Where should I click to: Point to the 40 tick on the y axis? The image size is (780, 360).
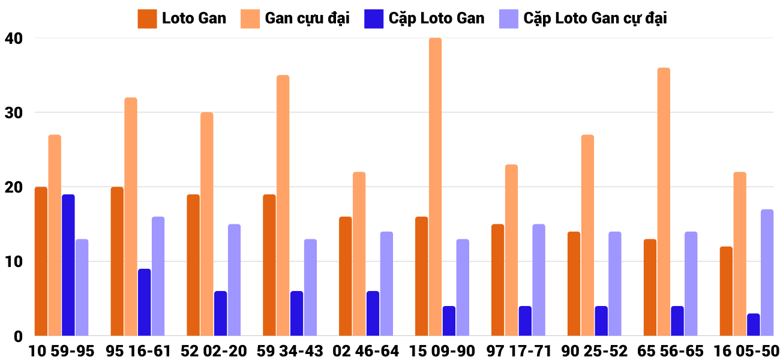(14, 38)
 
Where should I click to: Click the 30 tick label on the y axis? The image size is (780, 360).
(14, 113)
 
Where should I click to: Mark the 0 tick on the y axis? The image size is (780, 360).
(18, 337)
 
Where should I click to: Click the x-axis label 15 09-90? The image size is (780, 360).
(443, 351)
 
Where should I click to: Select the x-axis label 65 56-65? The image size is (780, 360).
(671, 351)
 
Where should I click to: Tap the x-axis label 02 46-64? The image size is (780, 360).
(367, 351)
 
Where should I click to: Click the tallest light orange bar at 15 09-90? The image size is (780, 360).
(436, 187)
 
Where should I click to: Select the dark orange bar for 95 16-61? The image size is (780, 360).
(117, 262)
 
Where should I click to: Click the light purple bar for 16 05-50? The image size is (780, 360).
(767, 273)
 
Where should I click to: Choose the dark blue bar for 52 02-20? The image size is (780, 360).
(221, 313)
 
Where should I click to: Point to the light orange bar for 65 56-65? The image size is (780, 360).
(664, 202)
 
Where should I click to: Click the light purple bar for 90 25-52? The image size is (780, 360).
(615, 284)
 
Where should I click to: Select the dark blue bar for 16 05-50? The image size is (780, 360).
(753, 325)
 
